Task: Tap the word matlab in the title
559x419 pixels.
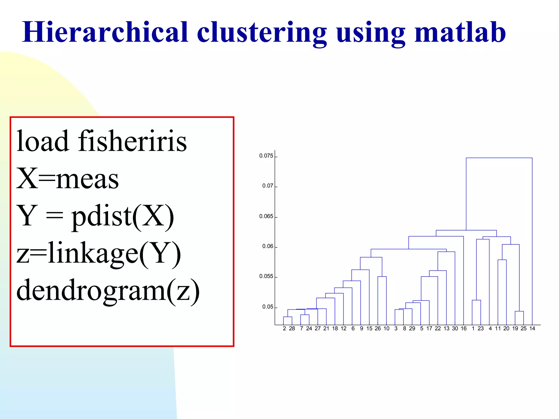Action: [460, 32]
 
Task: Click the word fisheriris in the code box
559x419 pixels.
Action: [132, 141]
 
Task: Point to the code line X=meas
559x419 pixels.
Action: [67, 178]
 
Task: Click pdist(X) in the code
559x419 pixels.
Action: [123, 216]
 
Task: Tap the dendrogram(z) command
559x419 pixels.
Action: [108, 290]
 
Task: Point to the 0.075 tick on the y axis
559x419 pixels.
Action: [266, 156]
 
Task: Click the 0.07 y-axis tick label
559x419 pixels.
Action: [267, 186]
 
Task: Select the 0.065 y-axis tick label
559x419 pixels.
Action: [266, 216]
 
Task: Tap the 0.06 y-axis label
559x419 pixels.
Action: [267, 246]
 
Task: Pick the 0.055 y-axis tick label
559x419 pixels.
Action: [266, 276]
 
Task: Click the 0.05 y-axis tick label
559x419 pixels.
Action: [267, 307]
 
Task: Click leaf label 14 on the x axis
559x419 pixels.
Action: [532, 328]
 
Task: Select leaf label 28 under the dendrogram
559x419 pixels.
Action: [292, 328]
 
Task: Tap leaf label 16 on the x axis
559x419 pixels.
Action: [464, 328]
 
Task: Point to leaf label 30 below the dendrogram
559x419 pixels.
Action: [455, 328]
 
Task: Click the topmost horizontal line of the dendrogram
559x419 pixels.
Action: [499, 158]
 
